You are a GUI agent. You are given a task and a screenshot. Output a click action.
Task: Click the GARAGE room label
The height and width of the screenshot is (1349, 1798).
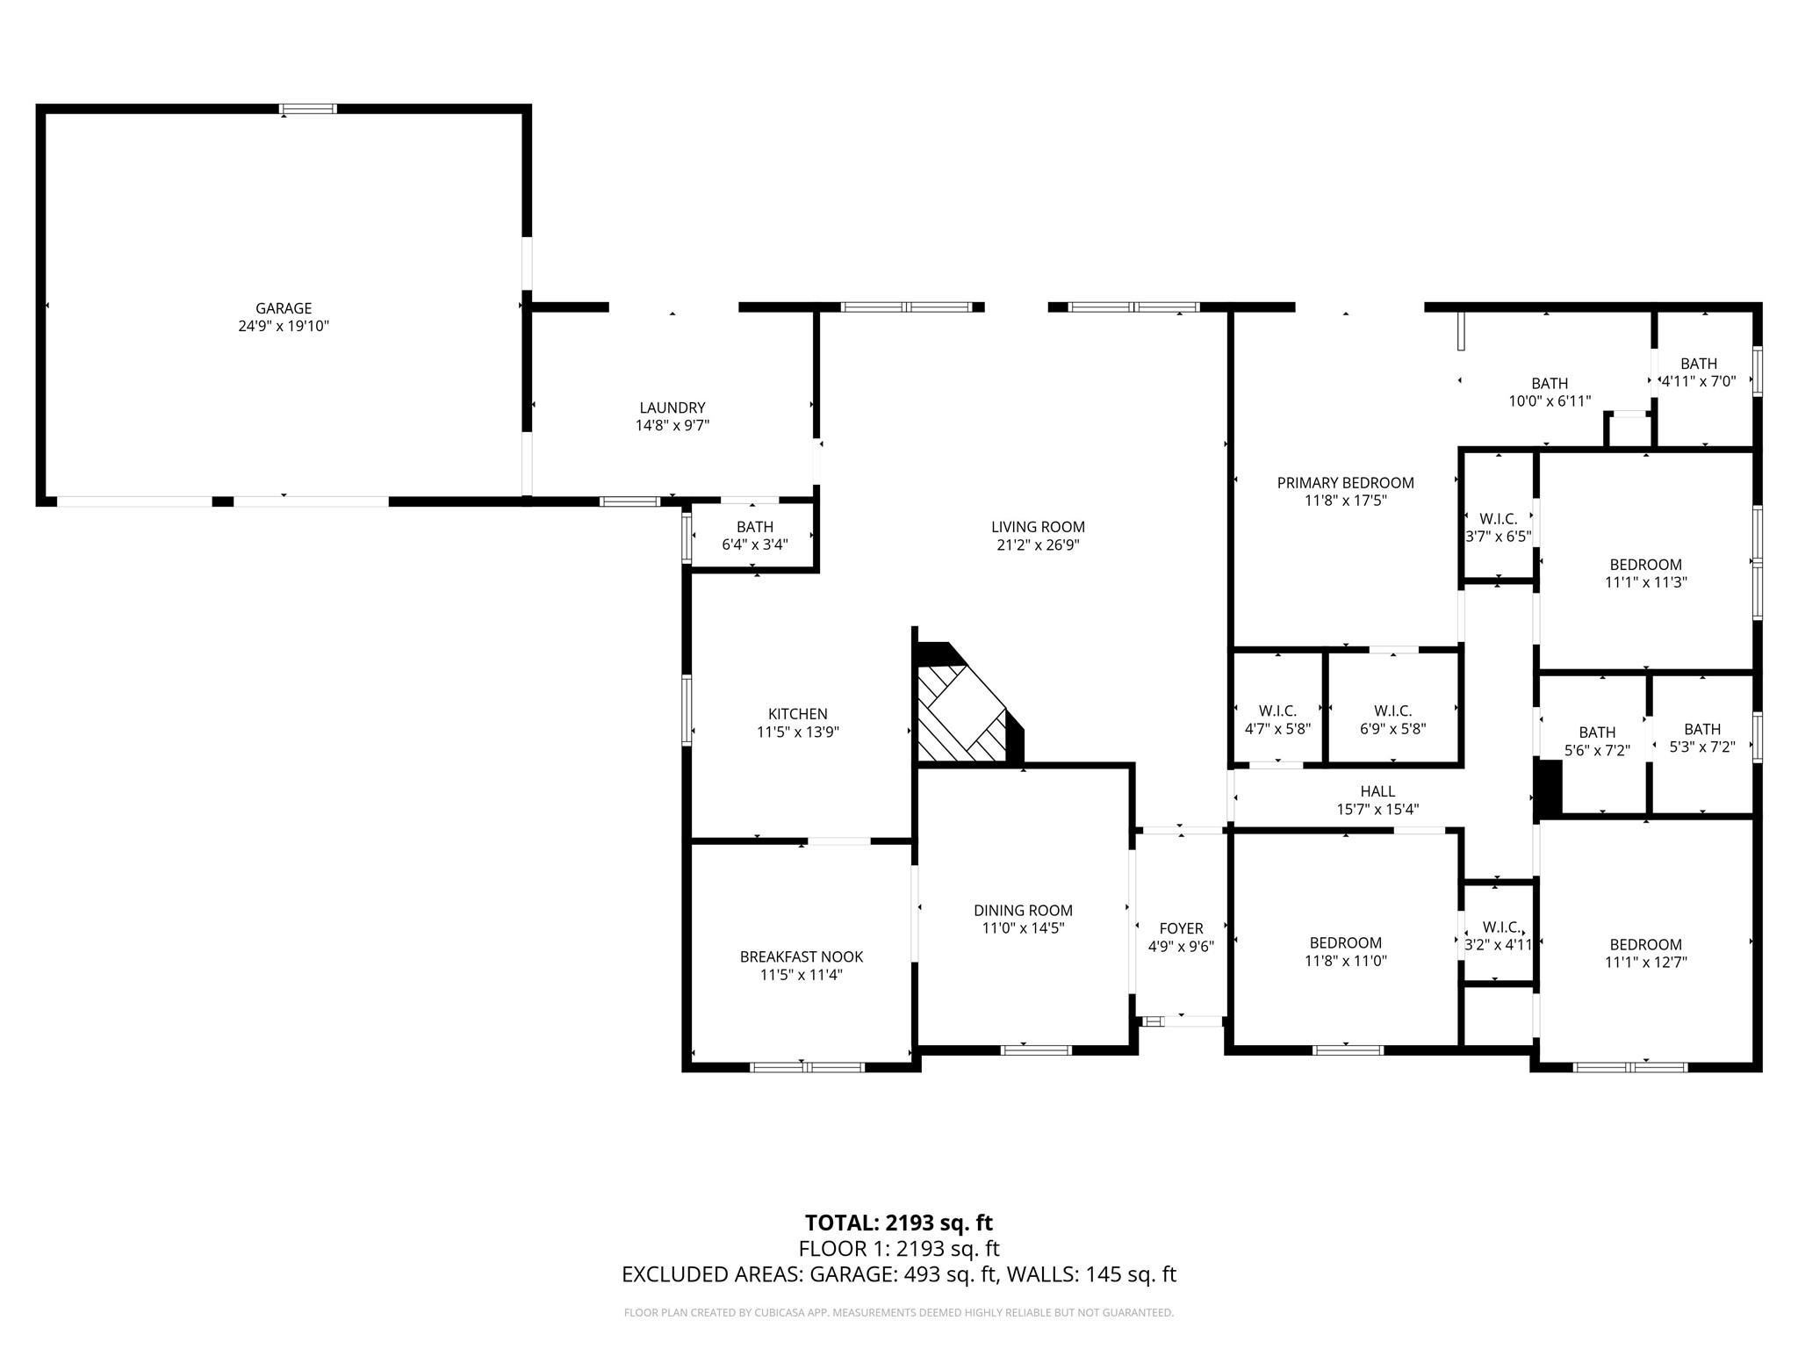[x=283, y=308]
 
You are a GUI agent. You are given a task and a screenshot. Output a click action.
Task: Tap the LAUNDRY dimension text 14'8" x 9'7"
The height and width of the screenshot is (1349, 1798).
[x=672, y=426]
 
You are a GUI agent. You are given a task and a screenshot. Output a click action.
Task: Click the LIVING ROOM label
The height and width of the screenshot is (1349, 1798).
[x=1038, y=527]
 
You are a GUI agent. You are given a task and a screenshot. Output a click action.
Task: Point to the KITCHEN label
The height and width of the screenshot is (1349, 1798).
[x=797, y=714]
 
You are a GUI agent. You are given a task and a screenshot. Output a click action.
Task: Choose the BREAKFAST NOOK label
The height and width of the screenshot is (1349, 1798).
[x=801, y=956]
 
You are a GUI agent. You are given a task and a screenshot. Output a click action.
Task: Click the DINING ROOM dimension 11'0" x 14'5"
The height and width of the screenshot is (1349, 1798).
[x=1023, y=928]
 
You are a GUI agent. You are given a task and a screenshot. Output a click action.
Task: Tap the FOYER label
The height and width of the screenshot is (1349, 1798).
[x=1181, y=928]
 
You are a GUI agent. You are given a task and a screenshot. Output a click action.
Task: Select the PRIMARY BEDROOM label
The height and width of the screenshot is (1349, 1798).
[x=1345, y=483]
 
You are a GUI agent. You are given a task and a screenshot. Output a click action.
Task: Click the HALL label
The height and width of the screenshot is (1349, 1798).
[x=1377, y=791]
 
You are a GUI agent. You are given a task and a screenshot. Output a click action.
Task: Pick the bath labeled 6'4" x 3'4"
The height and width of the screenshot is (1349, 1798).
[x=754, y=536]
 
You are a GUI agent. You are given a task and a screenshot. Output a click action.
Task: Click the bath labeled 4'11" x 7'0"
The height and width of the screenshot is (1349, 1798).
[x=1698, y=372]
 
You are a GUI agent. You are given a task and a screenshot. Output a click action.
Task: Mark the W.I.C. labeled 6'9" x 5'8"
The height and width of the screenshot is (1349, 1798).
[x=1392, y=719]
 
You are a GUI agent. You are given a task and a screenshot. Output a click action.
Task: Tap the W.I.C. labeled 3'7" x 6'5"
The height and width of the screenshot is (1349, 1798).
[x=1498, y=528]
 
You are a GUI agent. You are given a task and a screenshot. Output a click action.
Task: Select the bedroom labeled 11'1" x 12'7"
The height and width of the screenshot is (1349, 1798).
[x=1645, y=953]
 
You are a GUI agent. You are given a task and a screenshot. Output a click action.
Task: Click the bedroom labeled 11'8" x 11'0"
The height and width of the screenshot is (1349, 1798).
[x=1345, y=952]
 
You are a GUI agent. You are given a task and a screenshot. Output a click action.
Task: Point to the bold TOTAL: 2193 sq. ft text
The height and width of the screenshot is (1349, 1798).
[x=898, y=1223]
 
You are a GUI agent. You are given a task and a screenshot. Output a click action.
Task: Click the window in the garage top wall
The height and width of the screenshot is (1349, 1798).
[x=307, y=109]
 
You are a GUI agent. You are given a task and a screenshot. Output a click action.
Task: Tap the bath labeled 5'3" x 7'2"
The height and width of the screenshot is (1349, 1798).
[x=1701, y=738]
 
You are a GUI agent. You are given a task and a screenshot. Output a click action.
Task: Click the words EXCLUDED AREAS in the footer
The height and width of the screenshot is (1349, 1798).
[x=711, y=1274]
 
